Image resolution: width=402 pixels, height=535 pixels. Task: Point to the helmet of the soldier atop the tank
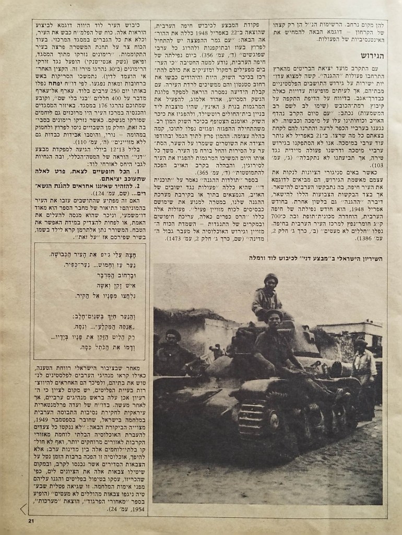pyautogui.click(x=270, y=277)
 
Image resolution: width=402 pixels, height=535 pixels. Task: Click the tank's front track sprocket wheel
pyautogui.click(x=250, y=418)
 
